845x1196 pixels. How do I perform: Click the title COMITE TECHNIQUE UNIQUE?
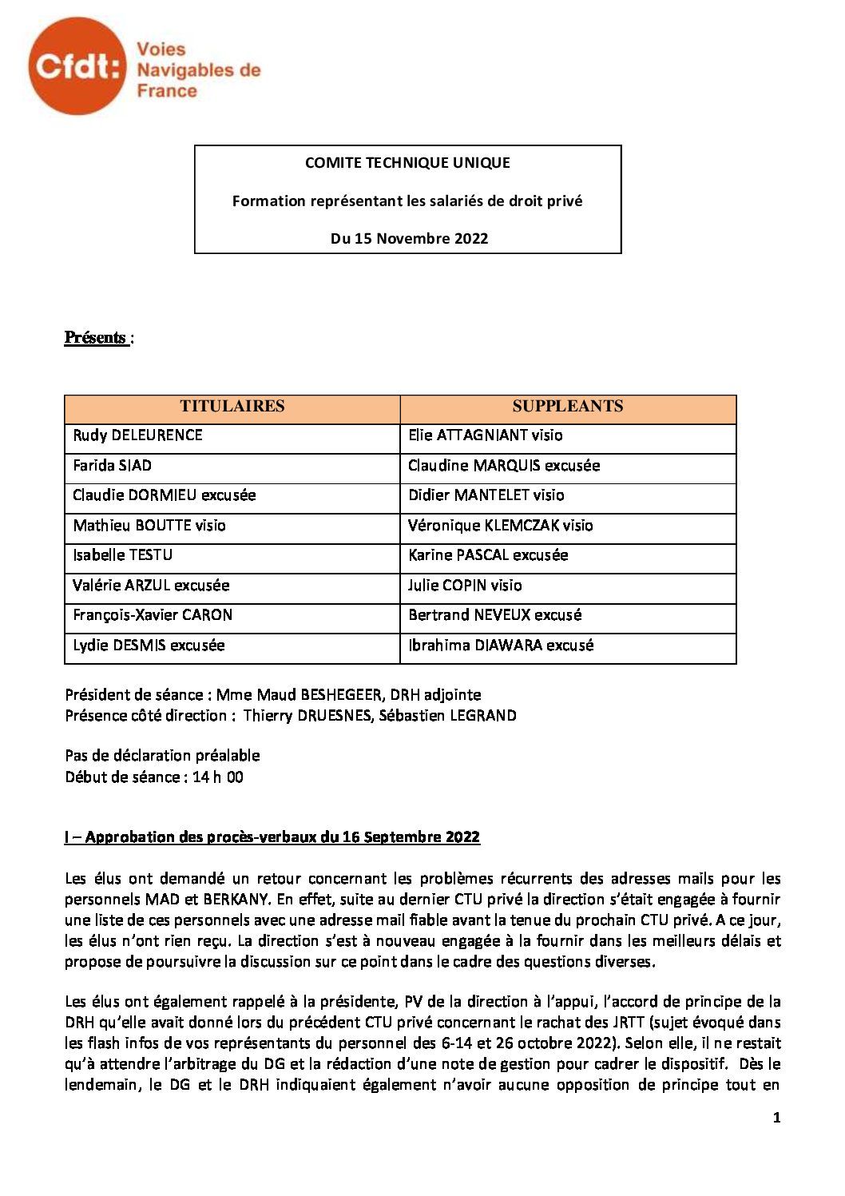(407, 163)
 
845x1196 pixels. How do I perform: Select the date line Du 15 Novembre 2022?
(409, 238)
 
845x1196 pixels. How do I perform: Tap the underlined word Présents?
(96, 338)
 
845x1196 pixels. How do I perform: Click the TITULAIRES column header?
(232, 407)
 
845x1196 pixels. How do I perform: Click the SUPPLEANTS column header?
(567, 407)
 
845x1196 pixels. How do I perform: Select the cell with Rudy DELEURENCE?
(138, 435)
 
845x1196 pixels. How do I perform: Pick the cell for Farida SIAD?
(113, 466)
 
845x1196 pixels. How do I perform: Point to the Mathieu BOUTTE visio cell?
(149, 526)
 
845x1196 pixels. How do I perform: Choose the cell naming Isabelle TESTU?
(123, 555)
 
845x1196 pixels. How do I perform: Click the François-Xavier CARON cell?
(153, 615)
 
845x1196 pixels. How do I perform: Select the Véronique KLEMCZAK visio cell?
(500, 526)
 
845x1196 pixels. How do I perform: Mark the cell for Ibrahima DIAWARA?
(500, 646)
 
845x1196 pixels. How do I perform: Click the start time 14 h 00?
(218, 777)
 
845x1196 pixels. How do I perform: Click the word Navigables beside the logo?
(188, 71)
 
